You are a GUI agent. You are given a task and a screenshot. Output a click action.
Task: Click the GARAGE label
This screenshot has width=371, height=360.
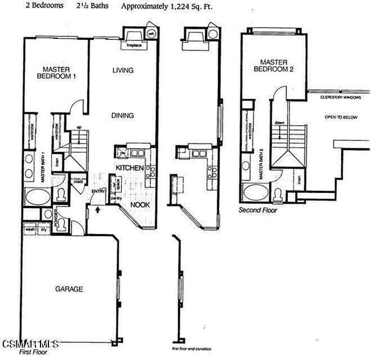point(68,289)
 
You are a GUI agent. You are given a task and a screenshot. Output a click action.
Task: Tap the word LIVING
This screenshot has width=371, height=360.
point(122,70)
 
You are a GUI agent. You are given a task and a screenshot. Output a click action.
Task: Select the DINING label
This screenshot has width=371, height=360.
point(122,115)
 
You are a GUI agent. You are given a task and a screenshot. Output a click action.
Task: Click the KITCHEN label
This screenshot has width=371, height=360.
point(130,167)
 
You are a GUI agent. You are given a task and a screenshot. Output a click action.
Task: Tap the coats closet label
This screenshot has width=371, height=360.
point(77,183)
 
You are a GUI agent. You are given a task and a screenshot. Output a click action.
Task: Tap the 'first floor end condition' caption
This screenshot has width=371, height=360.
point(192,349)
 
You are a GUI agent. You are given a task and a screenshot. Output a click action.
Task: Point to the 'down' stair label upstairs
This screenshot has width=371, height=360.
point(279,123)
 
